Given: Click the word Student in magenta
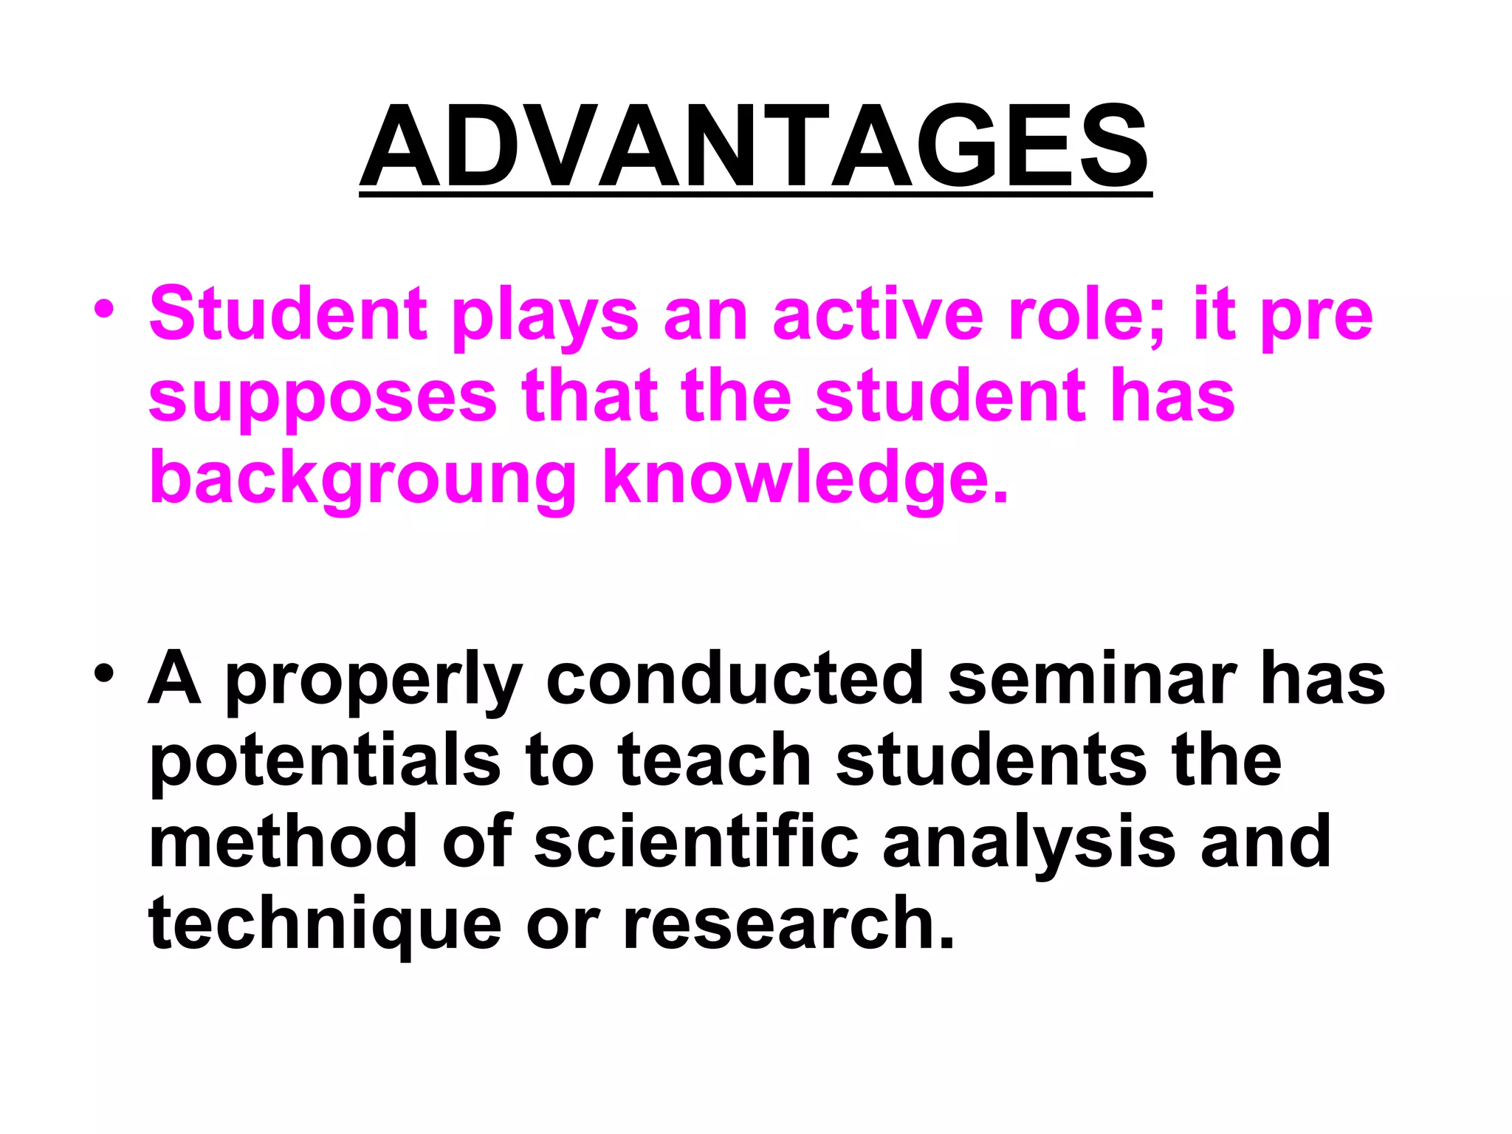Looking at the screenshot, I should point(288,314).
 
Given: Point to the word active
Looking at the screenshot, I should point(878,314).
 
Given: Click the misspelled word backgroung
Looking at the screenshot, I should point(362,480).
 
